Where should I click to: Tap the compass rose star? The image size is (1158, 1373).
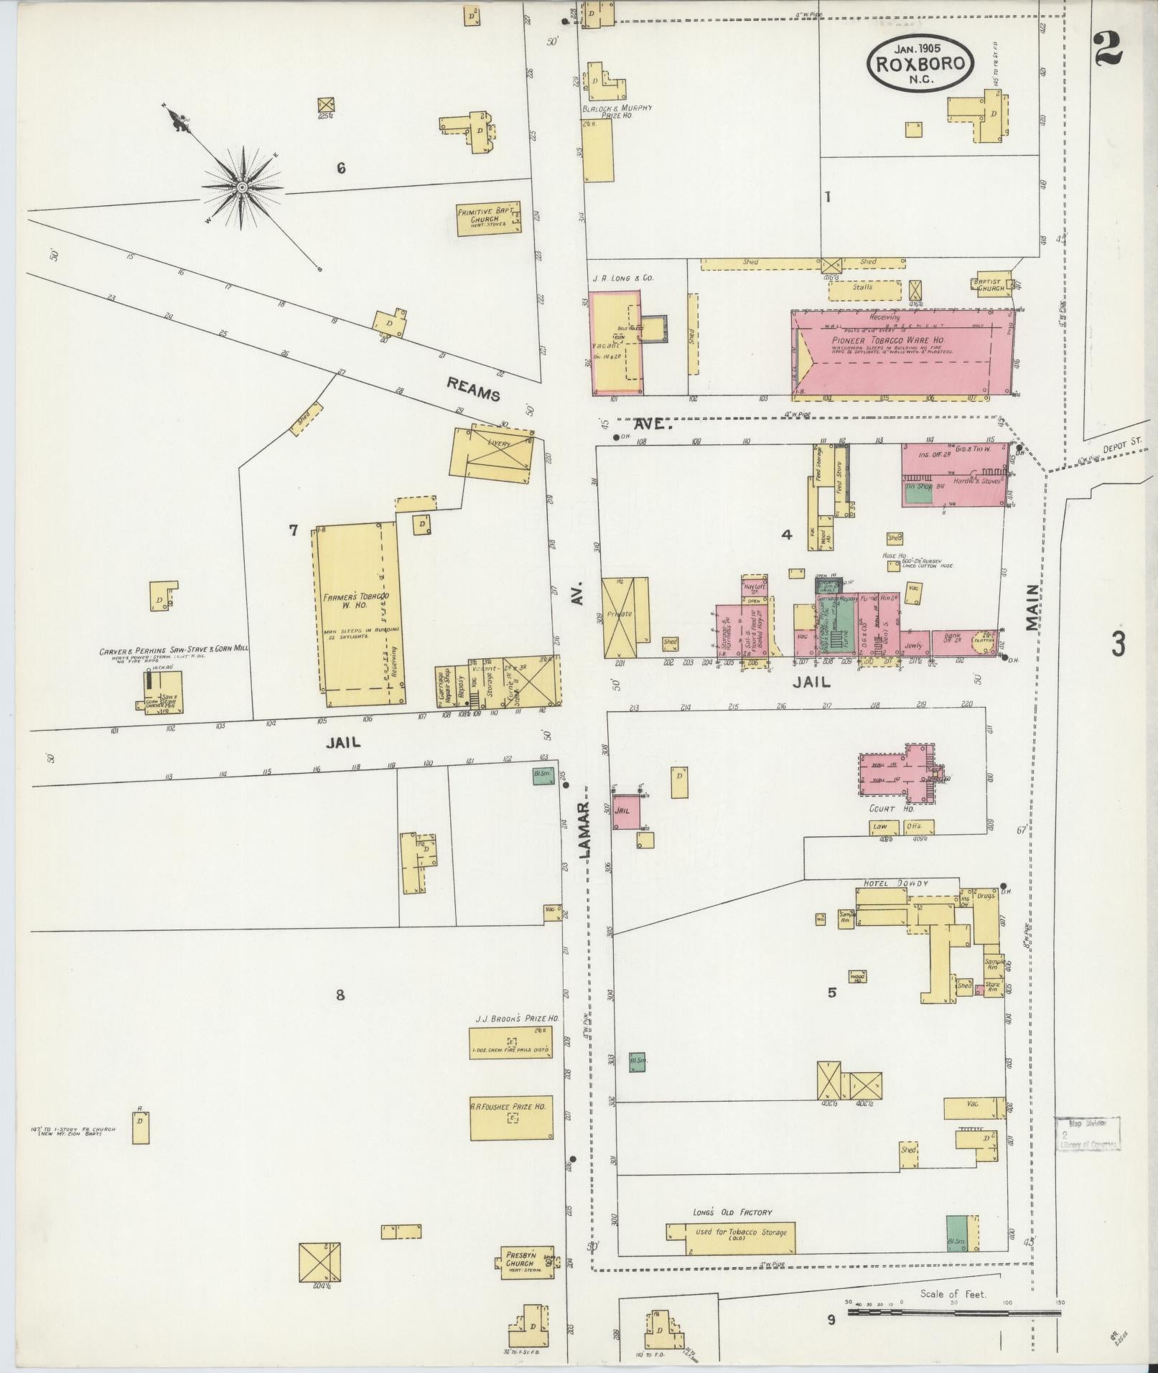point(242,187)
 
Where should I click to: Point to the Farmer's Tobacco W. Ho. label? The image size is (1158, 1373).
point(356,602)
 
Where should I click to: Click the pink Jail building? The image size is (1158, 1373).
point(625,810)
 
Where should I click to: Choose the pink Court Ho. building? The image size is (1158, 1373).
point(897,774)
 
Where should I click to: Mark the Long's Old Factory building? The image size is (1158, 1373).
point(730,1233)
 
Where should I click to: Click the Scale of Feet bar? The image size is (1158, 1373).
point(954,1312)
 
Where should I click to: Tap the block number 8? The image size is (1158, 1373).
point(340,995)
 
